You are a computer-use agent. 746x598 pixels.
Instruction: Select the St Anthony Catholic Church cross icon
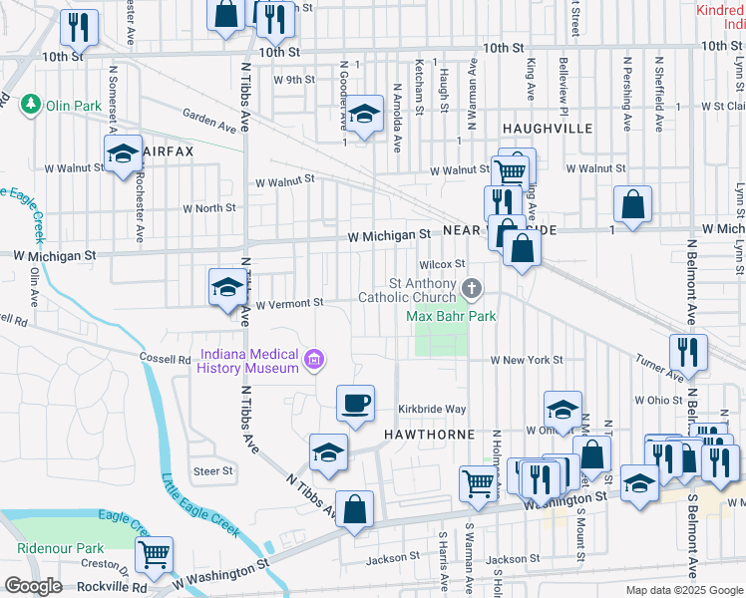tap(473, 289)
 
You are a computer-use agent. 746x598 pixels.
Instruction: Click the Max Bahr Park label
tap(451, 316)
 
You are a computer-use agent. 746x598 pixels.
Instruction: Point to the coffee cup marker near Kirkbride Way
tap(355, 405)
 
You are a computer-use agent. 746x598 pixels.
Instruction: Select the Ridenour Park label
tap(60, 548)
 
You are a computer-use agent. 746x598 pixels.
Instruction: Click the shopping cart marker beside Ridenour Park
tap(155, 555)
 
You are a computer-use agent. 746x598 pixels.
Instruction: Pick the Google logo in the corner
tap(33, 586)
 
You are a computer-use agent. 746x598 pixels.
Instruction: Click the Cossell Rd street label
tap(165, 359)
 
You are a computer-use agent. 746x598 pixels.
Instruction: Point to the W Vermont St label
tap(289, 303)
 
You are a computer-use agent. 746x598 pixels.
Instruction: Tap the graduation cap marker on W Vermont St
tap(226, 289)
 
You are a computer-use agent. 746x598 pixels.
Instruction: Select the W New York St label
tap(526, 360)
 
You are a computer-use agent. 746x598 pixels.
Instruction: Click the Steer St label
tap(212, 470)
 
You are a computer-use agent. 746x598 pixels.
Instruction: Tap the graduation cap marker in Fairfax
tap(123, 154)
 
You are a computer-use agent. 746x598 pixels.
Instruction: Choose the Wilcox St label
tap(443, 264)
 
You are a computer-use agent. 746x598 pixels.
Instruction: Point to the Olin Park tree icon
tap(32, 104)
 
